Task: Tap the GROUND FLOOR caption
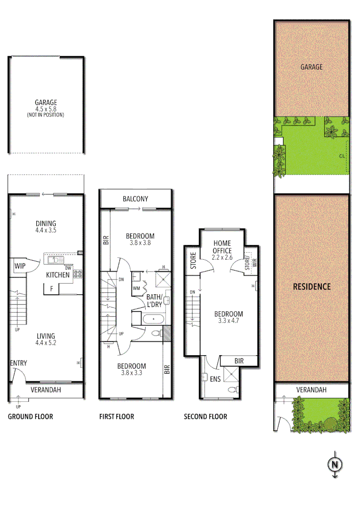(x=30, y=416)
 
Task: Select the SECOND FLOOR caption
(x=205, y=416)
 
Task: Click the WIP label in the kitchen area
(x=20, y=266)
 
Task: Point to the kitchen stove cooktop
(x=77, y=273)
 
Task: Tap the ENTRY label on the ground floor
(x=18, y=363)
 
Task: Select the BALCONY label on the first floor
(x=135, y=199)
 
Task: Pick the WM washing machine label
(x=136, y=288)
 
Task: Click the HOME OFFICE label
(x=222, y=247)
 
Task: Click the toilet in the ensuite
(x=232, y=390)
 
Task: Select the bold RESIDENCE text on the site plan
(x=312, y=286)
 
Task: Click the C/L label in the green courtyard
(x=341, y=155)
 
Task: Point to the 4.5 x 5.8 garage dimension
(x=45, y=109)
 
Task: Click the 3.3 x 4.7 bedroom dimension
(x=228, y=321)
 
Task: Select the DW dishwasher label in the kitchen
(x=68, y=267)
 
